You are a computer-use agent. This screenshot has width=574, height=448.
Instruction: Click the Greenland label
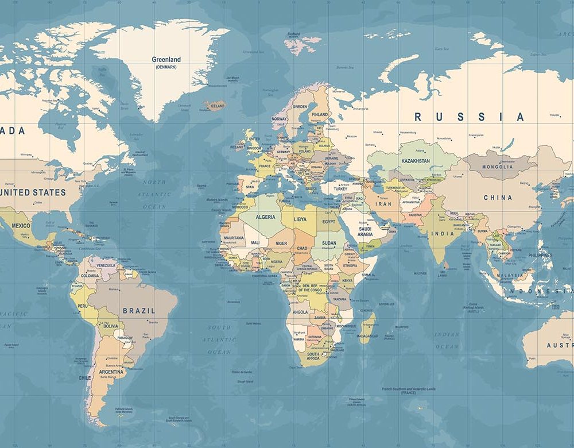(166, 60)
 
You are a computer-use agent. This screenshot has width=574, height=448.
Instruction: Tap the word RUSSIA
(469, 117)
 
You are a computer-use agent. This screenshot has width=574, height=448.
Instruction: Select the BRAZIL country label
(139, 311)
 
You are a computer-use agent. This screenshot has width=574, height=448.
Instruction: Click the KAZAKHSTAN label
(416, 161)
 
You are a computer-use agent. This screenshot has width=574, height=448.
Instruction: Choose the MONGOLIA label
(498, 167)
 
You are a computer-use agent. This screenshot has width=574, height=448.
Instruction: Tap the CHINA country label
(498, 198)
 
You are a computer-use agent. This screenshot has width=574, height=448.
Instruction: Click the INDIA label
(443, 234)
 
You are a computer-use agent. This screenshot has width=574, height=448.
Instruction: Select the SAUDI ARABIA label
(365, 231)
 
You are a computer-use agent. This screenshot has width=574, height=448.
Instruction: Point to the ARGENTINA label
(111, 372)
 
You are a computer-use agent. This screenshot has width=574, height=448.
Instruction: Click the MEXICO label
(21, 226)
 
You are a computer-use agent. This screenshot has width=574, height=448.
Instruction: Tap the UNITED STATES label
(33, 192)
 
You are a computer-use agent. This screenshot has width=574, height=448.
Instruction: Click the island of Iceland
(215, 106)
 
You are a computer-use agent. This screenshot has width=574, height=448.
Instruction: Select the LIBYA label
(300, 219)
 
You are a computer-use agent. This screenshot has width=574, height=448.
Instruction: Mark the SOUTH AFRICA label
(313, 357)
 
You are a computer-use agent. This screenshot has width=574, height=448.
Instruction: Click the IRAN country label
(383, 204)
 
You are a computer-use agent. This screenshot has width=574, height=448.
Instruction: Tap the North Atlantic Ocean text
(154, 194)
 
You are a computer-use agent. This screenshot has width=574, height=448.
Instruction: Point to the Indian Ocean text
(447, 340)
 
